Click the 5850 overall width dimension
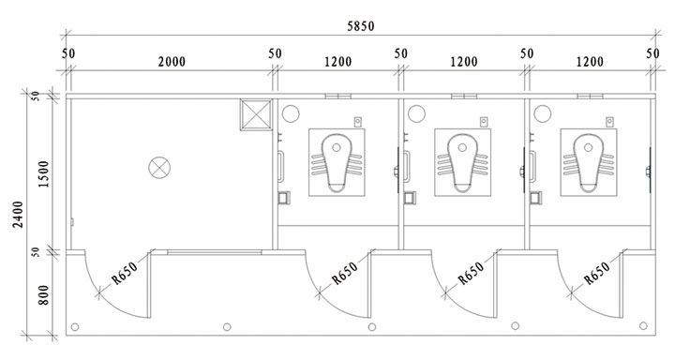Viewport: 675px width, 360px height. [x=361, y=26]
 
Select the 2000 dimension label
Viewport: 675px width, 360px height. [x=172, y=62]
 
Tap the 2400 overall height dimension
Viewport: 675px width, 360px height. [x=18, y=214]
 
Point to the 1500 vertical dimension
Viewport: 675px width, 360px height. [x=44, y=173]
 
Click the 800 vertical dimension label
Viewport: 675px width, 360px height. [x=43, y=295]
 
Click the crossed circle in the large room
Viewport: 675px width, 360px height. [x=159, y=168]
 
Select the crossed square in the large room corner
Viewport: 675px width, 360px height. [x=256, y=114]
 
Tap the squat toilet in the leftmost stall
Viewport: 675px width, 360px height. [x=337, y=162]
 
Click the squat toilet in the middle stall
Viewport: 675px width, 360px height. [x=462, y=162]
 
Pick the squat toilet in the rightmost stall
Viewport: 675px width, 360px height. [x=589, y=162]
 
